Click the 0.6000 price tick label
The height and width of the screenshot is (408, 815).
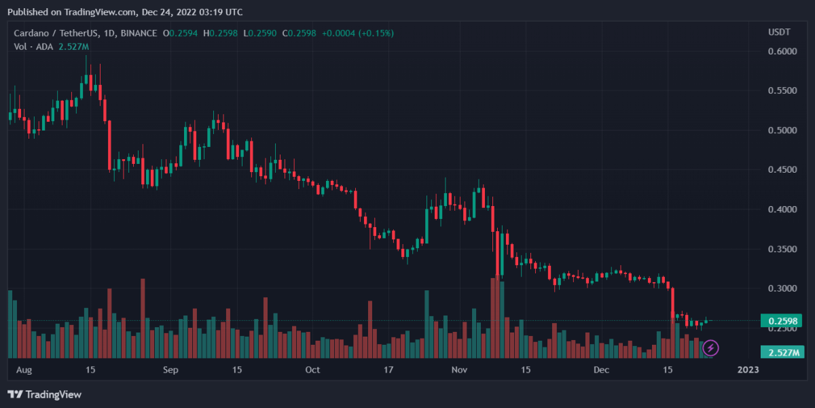coord(782,51)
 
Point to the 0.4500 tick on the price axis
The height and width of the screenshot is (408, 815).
coord(782,169)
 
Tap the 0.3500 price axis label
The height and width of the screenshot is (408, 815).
coord(782,249)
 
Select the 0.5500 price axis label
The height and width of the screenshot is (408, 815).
coord(782,90)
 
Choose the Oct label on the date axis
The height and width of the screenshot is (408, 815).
coord(312,370)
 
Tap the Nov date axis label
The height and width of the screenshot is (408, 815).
coord(460,370)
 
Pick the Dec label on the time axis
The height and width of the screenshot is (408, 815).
coord(601,370)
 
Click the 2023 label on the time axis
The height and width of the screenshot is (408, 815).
coord(748,370)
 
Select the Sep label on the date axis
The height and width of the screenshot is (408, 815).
coord(170,370)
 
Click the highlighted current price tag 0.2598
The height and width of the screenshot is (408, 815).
coord(782,321)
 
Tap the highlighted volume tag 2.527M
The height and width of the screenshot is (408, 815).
coord(782,352)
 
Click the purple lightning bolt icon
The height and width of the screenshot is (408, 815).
coord(710,349)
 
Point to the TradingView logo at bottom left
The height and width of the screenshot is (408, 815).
coord(44,394)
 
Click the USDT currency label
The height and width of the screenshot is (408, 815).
coord(778,33)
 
